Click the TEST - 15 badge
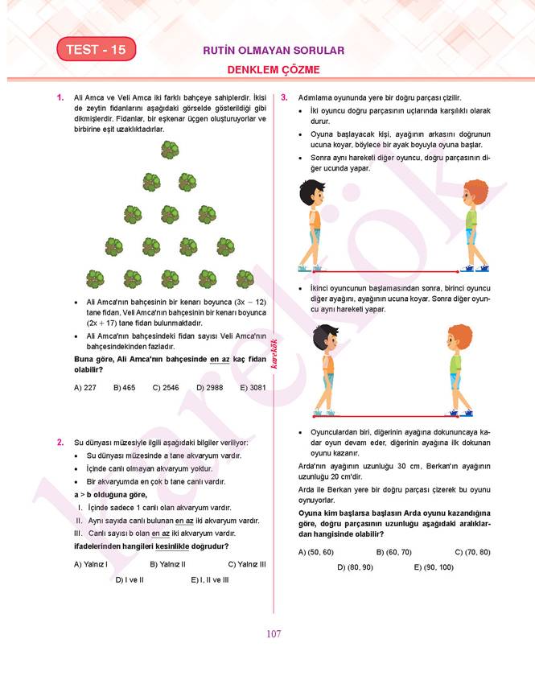coord(96,50)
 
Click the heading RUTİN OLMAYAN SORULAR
coord(274,50)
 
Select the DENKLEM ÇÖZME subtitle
coord(274,70)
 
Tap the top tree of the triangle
coord(170,150)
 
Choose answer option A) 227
coord(84,387)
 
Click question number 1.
coord(60,97)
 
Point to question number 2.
coord(60,443)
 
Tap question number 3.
coord(284,97)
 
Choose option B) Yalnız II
coord(167,564)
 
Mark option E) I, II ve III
coord(210,579)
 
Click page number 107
coord(274,634)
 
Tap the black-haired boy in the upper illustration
coord(312,225)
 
